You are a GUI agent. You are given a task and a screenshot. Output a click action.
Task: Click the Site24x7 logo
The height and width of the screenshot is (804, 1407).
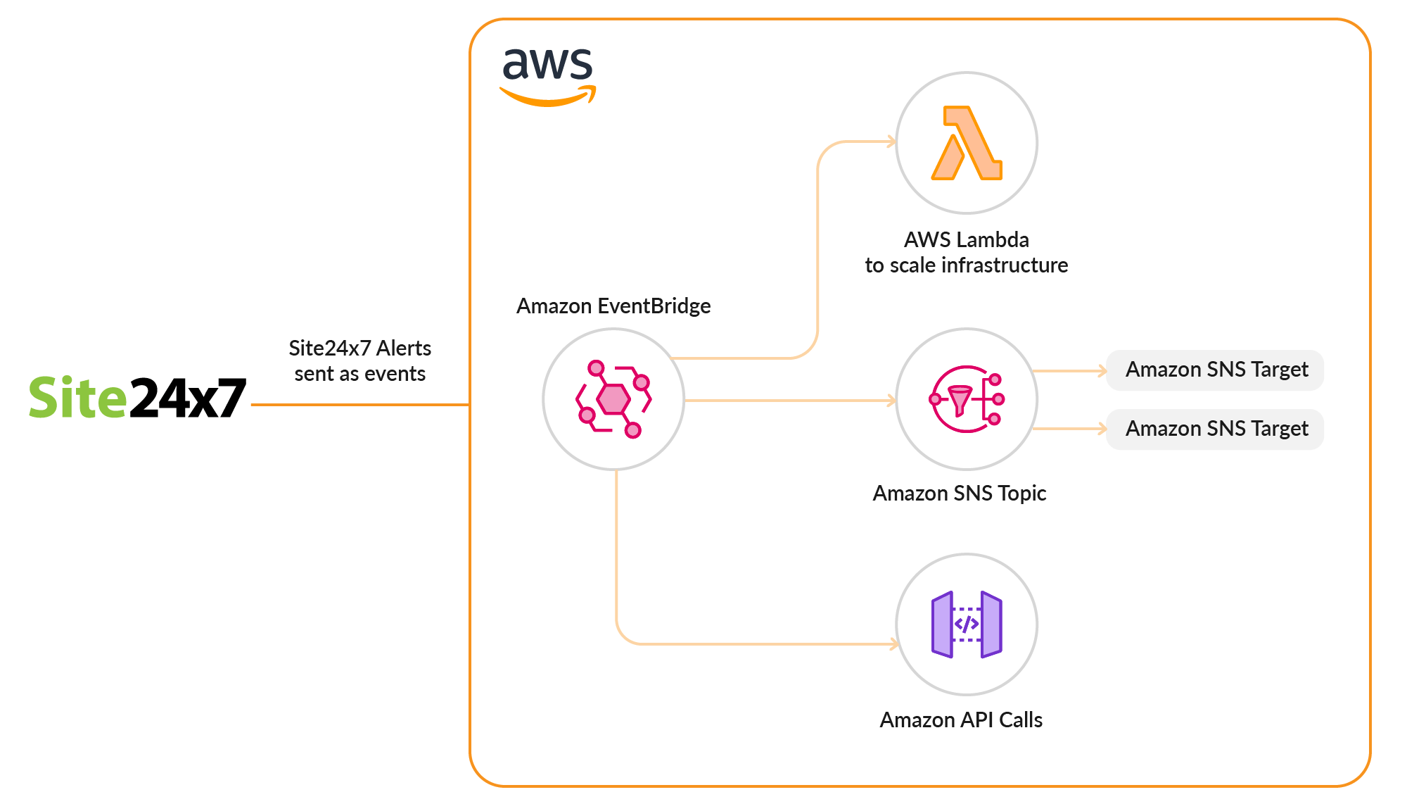(x=137, y=398)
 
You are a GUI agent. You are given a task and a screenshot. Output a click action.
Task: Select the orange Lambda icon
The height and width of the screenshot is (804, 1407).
(x=966, y=143)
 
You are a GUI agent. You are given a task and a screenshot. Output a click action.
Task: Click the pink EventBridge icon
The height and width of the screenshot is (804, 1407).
(x=613, y=399)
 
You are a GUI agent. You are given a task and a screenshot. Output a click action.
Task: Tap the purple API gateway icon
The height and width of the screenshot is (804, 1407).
(x=966, y=624)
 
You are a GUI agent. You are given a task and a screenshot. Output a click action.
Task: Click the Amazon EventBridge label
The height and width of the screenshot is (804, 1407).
(x=613, y=306)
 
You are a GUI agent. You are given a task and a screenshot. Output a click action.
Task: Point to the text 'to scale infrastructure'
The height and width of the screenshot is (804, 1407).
(x=966, y=265)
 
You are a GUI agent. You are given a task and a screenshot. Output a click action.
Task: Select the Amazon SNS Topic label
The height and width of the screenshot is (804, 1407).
(x=959, y=494)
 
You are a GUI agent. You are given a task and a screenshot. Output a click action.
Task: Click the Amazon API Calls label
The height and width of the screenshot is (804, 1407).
(x=960, y=720)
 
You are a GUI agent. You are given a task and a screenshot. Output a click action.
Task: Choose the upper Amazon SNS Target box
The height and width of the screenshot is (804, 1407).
(x=1215, y=370)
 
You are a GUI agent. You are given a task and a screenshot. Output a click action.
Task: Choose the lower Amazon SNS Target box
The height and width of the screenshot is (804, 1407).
(x=1215, y=429)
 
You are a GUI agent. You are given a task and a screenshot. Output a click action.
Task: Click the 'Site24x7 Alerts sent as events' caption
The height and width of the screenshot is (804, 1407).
(x=359, y=360)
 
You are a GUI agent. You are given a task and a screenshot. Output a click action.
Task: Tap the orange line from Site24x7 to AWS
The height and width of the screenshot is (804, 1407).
(x=359, y=405)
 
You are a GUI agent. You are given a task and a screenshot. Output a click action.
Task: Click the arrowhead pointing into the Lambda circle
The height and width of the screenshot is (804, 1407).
(x=891, y=142)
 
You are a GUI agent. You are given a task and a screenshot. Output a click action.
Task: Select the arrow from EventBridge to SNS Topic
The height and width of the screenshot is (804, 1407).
(x=788, y=401)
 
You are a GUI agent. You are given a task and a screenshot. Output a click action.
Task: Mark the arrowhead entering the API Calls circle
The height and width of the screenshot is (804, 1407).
(x=894, y=643)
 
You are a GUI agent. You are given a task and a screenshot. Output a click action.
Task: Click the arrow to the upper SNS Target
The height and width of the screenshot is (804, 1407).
(x=1069, y=370)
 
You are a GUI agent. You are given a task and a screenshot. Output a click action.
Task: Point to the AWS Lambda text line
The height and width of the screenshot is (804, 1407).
(x=966, y=240)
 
